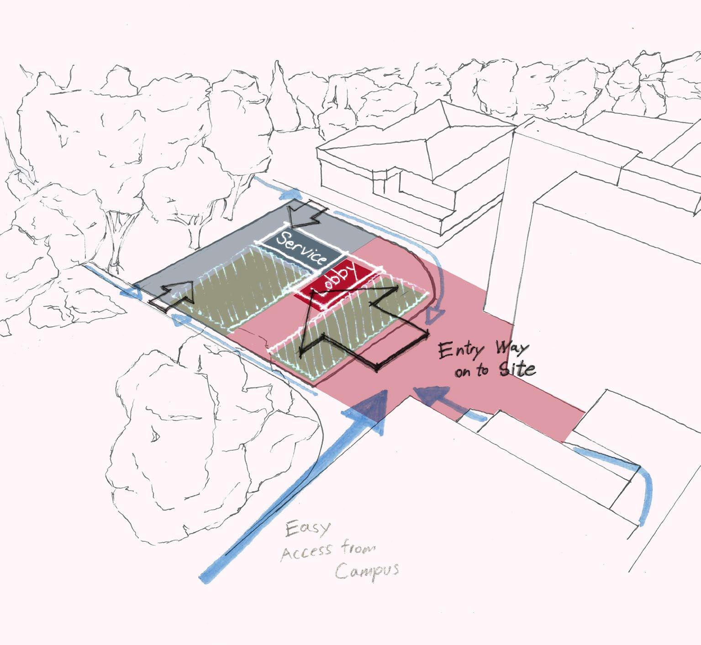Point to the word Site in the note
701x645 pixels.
[x=516, y=369]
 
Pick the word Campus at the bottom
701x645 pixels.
[x=367, y=571]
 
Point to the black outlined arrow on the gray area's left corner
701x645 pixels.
[x=174, y=297]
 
